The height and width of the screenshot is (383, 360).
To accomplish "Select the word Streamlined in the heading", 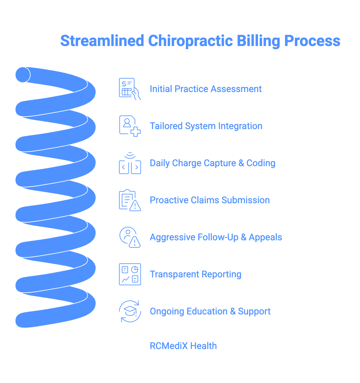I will click(x=102, y=41).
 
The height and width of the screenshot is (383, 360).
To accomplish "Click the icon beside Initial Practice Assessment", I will click(x=130, y=89).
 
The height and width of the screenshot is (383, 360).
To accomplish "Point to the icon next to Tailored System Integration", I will click(x=130, y=126).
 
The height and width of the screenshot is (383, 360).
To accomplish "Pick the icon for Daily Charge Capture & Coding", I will click(x=130, y=163).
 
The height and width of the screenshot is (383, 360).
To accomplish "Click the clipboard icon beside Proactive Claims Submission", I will click(x=130, y=200).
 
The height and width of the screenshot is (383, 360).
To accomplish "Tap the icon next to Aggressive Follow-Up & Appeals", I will click(x=130, y=237).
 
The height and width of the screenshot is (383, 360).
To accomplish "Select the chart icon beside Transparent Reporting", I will click(x=130, y=274).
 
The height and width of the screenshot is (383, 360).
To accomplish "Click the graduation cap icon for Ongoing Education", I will click(x=130, y=311).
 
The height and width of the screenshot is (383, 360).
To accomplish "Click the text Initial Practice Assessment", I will click(x=206, y=89).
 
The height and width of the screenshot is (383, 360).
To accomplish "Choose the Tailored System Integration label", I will click(x=206, y=126).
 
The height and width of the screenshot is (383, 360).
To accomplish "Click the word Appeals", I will click(x=265, y=237).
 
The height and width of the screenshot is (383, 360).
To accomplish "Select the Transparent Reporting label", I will click(x=195, y=274).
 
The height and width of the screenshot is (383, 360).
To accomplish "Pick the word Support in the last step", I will click(x=254, y=311).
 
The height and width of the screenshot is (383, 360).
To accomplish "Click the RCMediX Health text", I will click(x=183, y=346).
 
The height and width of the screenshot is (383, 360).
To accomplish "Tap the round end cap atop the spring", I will click(x=23, y=75).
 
